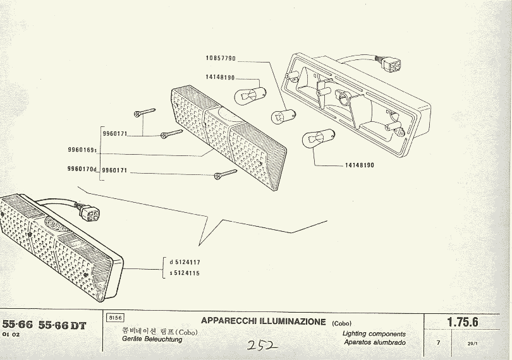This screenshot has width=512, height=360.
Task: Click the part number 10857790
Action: click(x=220, y=59)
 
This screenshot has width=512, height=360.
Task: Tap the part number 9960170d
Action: click(x=81, y=169)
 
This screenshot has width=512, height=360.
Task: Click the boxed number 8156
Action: click(x=115, y=318)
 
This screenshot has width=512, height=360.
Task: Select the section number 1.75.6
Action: click(x=463, y=322)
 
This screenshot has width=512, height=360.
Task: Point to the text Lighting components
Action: click(x=374, y=333)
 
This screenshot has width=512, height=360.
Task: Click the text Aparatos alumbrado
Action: click(x=375, y=342)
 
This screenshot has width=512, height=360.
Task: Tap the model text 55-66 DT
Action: click(x=62, y=326)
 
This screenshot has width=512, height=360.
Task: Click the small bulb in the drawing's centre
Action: click(x=279, y=116)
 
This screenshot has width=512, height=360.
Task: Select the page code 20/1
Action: click(x=472, y=344)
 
